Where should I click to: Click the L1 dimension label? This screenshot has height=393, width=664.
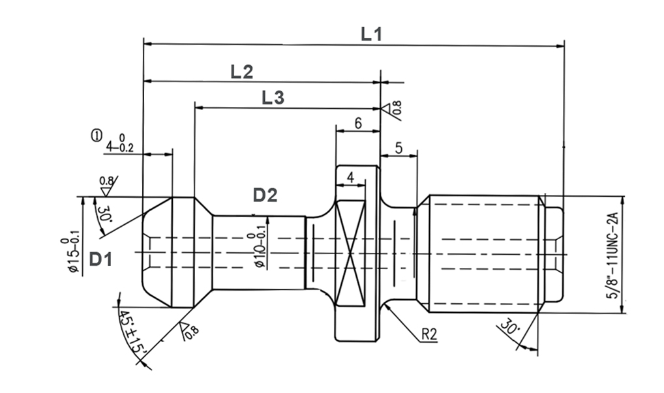click(371, 34)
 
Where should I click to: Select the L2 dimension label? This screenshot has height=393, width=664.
click(241, 71)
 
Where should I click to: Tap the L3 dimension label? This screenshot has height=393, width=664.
click(273, 98)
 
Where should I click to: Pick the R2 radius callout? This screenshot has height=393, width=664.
click(429, 334)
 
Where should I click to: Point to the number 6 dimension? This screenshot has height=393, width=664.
click(357, 123)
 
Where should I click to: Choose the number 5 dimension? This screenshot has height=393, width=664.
click(399, 149)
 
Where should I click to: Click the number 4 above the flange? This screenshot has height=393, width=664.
click(350, 177)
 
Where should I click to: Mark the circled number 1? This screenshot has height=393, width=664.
click(97, 136)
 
